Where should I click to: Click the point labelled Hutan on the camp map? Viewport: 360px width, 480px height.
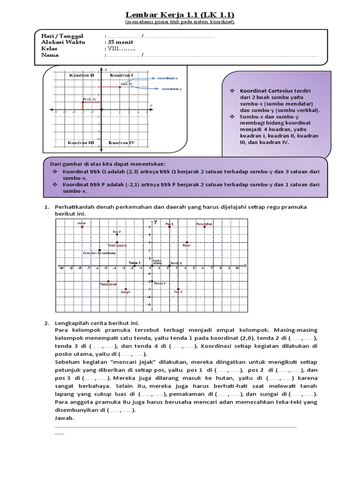tap(82, 227)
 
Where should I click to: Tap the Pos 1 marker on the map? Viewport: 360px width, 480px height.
tap(169, 227)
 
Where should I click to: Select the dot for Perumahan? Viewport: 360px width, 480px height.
tap(204, 227)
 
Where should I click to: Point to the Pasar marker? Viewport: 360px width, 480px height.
tap(187, 242)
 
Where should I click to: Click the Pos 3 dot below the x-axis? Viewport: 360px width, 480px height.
tap(178, 289)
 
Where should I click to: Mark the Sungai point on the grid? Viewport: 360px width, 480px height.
tap(126, 289)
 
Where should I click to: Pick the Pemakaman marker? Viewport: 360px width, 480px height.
tap(108, 281)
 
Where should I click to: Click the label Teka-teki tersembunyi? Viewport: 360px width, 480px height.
tap(99, 253)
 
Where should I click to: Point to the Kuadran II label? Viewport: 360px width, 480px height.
tap(82, 75)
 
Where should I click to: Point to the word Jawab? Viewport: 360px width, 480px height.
tap(65, 418)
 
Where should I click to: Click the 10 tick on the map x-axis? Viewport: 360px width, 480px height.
tap(238, 268)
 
